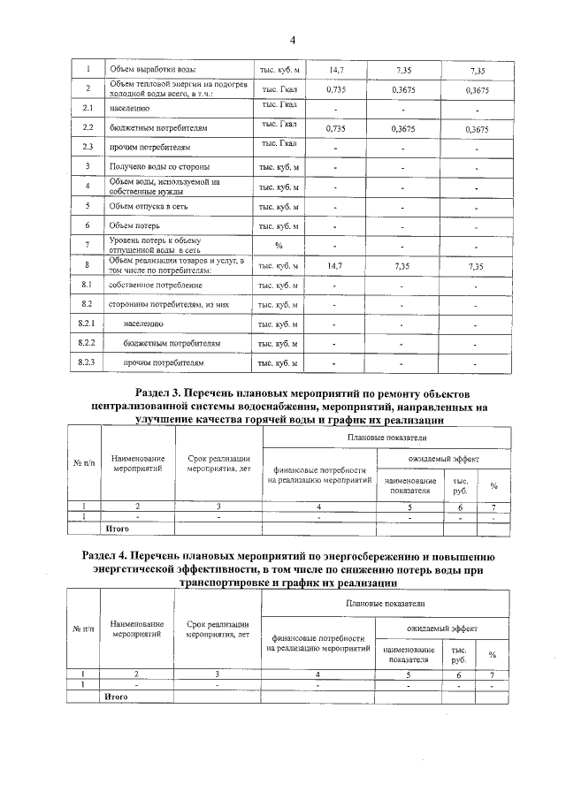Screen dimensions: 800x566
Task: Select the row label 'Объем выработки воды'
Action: (152, 69)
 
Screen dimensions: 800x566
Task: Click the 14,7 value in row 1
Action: (335, 69)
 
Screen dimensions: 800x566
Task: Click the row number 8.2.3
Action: (87, 362)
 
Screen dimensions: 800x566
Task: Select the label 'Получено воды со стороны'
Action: (159, 167)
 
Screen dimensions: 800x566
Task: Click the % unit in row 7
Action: (279, 245)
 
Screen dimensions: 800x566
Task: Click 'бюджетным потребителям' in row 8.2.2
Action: (172, 343)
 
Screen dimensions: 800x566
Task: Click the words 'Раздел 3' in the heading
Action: (162, 392)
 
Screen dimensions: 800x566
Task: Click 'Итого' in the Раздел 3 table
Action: (117, 529)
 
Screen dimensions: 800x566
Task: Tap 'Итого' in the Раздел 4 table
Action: (117, 697)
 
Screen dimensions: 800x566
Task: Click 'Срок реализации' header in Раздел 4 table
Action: (218, 625)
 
